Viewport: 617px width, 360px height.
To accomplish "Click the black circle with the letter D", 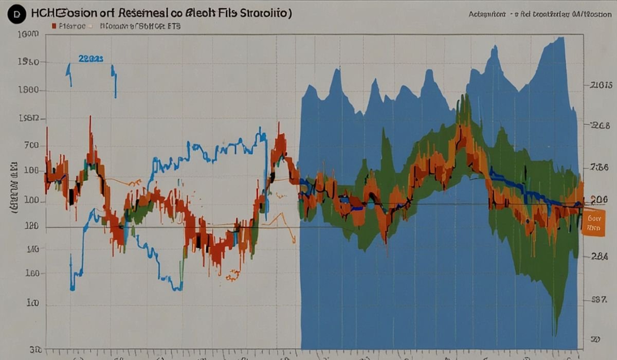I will tap(17, 14).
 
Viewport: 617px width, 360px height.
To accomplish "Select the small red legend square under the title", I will tap(53, 25).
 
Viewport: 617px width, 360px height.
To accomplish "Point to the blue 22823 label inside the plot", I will tap(91, 59).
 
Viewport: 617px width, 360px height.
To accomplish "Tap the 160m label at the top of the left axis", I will tap(28, 35).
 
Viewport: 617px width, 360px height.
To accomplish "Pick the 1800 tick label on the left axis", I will tap(29, 90).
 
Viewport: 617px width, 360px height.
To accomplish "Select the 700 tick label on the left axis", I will tap(31, 146).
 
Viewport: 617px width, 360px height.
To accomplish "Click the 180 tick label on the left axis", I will tap(31, 226).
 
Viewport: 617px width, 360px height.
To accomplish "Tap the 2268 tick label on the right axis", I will tap(601, 125).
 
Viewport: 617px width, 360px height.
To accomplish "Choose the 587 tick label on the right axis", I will tap(600, 299).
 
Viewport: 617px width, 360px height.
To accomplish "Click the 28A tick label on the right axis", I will tap(600, 257).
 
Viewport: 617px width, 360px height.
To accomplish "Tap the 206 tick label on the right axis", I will tap(600, 200).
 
